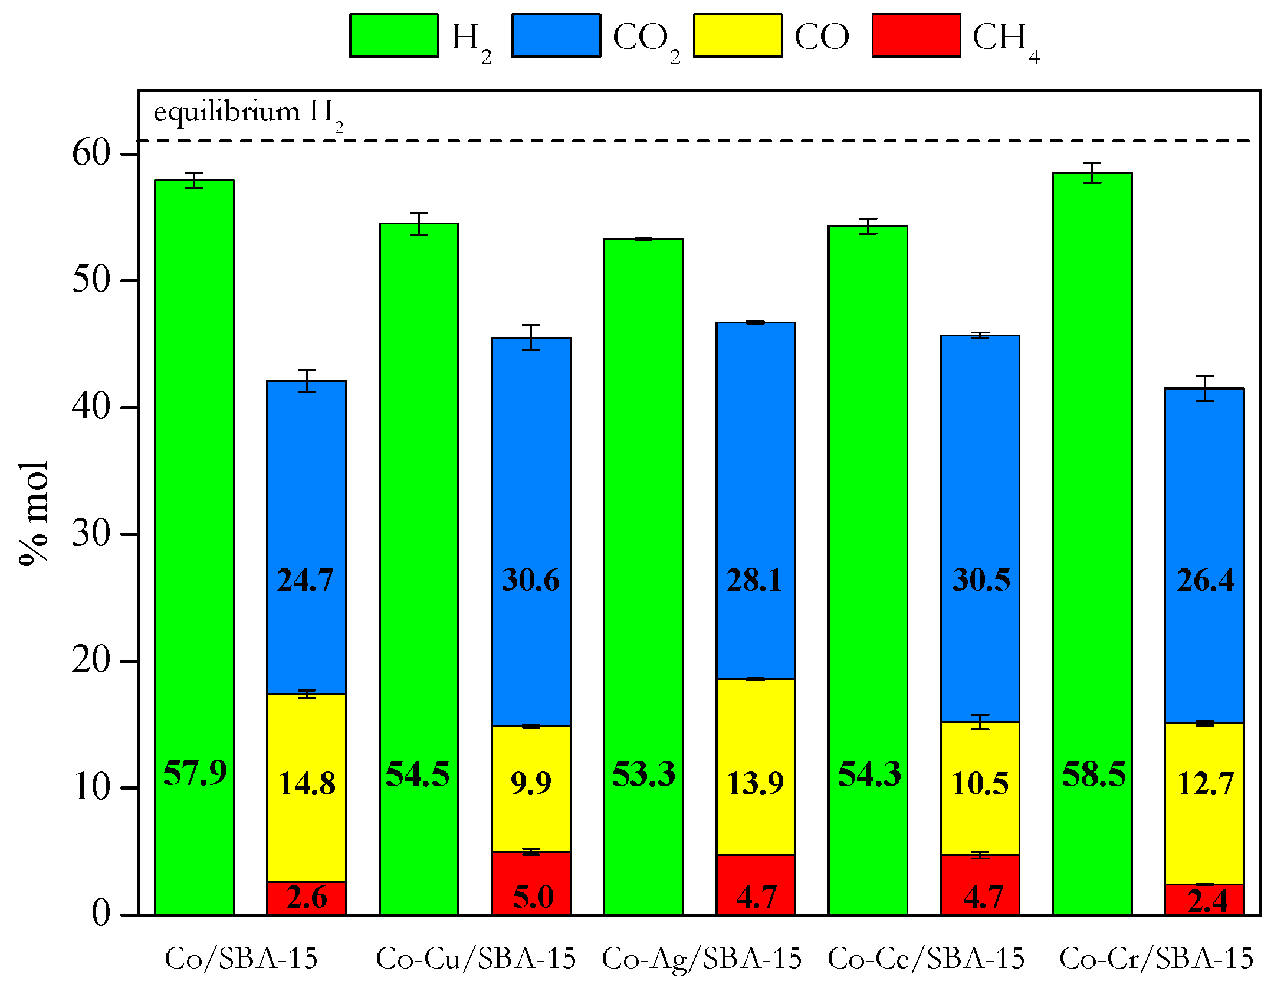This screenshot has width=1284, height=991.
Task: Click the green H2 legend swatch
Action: [x=394, y=36]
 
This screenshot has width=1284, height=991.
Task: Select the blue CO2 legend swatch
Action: [x=556, y=36]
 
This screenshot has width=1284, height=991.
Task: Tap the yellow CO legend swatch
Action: [x=738, y=36]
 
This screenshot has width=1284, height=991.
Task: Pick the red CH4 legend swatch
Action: [x=917, y=36]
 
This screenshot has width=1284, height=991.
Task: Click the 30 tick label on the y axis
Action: [x=91, y=534]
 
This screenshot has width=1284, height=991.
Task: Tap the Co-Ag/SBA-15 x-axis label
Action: [x=701, y=959]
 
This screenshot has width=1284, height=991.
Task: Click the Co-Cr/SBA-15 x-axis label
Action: [x=1156, y=959]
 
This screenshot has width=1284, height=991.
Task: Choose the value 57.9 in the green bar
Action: [x=195, y=773]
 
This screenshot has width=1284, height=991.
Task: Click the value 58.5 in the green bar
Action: [x=1093, y=774]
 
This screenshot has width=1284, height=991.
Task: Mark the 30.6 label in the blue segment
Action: [x=530, y=580]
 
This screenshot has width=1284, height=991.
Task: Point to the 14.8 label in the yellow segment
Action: [x=306, y=784]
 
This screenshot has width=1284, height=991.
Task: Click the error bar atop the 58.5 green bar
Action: [x=1092, y=173]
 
